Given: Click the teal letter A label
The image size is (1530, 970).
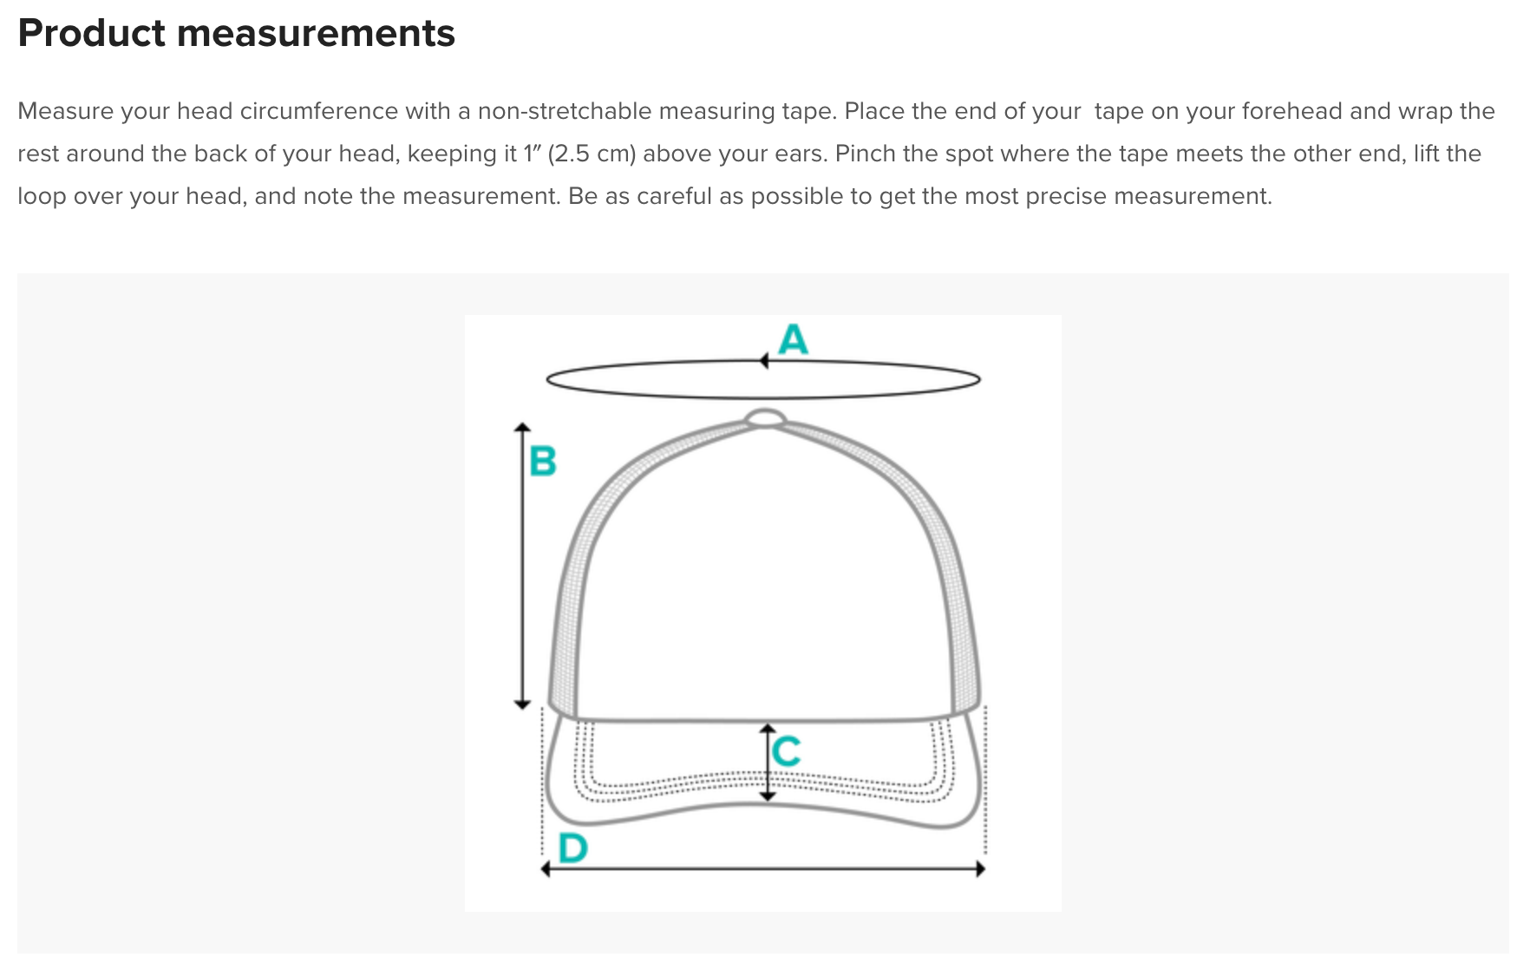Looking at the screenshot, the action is click(x=793, y=339).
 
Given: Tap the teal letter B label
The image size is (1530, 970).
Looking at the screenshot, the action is click(x=543, y=461).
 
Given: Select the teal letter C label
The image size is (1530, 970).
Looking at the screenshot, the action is click(x=786, y=750).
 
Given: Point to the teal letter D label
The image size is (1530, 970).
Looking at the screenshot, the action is click(x=573, y=848).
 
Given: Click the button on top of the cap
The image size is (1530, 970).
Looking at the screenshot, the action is click(x=765, y=418).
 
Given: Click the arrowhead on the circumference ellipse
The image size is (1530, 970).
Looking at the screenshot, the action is click(x=764, y=361).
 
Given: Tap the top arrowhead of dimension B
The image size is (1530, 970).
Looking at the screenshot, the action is click(x=522, y=428).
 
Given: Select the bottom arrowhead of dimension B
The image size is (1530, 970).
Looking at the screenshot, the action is click(x=522, y=704).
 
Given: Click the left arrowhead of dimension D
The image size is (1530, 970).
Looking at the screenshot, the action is click(x=546, y=868).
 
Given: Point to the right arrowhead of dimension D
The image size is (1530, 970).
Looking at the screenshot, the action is click(x=980, y=868).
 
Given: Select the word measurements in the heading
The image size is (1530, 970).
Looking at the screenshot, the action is click(x=316, y=33).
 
